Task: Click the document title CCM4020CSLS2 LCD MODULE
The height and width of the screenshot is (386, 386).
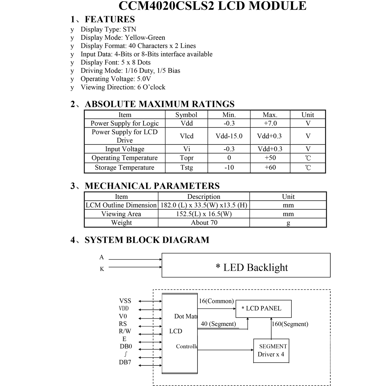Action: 212,6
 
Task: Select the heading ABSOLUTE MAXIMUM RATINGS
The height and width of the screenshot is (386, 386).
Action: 160,104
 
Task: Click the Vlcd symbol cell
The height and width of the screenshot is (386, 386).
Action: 187,136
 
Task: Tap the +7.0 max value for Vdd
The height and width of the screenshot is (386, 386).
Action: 270,123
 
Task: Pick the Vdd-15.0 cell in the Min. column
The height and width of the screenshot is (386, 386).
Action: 229,136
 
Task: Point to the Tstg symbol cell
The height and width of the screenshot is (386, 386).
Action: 187,168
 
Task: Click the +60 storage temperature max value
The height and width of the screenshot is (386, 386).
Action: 270,168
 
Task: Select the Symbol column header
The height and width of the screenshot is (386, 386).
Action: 186,115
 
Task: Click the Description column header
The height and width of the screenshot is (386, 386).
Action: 204,197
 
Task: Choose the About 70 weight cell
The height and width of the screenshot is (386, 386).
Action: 204,223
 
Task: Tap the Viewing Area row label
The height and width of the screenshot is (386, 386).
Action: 121,214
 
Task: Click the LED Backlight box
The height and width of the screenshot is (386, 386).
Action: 246,265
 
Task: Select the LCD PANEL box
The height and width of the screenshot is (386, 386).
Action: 263,309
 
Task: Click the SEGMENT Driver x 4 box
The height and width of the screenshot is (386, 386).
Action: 271,351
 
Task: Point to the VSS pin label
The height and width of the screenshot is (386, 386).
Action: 125,301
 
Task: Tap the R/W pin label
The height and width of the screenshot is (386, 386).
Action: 125,331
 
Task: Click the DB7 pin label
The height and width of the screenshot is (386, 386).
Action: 125,363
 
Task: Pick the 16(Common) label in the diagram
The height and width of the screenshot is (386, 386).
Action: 216,301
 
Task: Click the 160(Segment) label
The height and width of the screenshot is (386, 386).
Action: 290,324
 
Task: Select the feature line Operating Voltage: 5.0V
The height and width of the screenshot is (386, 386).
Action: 116,79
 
